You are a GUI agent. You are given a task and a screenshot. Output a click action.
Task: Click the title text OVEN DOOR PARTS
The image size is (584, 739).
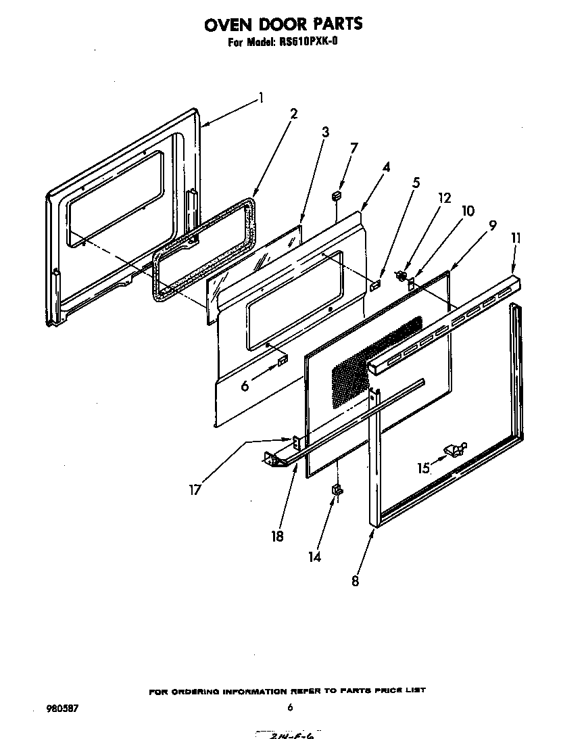click(283, 24)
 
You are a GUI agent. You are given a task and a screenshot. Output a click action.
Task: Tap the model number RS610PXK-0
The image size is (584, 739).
click(307, 42)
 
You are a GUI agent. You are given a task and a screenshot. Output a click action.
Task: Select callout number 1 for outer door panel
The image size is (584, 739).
click(261, 98)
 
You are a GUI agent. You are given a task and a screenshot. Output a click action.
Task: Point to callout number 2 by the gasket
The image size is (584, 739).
click(293, 114)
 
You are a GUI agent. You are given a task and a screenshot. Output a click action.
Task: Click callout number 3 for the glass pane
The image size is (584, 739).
click(325, 132)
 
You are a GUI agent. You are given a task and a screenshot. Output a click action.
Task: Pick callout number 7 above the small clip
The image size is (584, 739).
click(354, 147)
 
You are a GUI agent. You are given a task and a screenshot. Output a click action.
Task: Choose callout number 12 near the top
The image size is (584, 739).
click(443, 198)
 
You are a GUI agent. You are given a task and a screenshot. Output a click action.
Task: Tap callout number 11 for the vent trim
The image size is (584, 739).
click(516, 238)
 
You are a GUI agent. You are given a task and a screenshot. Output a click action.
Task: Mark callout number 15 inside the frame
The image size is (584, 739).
click(423, 468)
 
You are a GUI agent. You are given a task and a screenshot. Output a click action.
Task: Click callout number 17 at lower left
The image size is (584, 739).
click(195, 490)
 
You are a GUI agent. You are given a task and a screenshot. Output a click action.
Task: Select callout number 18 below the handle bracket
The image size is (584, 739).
click(277, 535)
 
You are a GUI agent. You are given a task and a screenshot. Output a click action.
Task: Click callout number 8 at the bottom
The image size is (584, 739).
click(356, 579)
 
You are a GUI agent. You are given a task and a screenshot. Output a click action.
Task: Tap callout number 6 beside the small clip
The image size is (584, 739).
click(245, 386)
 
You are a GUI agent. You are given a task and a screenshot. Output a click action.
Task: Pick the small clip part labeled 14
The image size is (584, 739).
click(336, 490)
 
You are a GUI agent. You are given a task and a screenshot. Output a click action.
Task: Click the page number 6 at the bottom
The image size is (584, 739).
click(290, 708)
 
